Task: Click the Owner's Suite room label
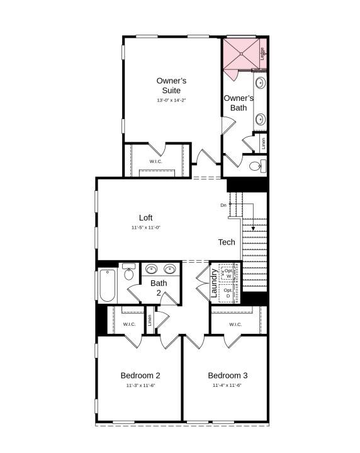click(x=171, y=86)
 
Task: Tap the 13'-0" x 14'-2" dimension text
click(x=171, y=101)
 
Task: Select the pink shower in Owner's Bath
click(x=241, y=55)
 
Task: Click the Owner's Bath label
click(x=239, y=103)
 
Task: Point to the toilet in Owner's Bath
click(x=257, y=166)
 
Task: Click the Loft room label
click(x=146, y=218)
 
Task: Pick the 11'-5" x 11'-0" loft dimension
click(x=146, y=227)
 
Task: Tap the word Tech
click(x=227, y=242)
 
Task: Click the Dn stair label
click(x=223, y=205)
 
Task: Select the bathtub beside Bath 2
click(x=106, y=286)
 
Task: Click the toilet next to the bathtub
click(x=129, y=273)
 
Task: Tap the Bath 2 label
click(x=159, y=287)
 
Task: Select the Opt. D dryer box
click(x=228, y=293)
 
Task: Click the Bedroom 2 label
click(x=140, y=376)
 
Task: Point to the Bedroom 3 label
click(x=227, y=376)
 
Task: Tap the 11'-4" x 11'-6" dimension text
click(x=227, y=385)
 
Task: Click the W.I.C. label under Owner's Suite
click(x=156, y=161)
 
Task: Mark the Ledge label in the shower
click(x=262, y=54)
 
